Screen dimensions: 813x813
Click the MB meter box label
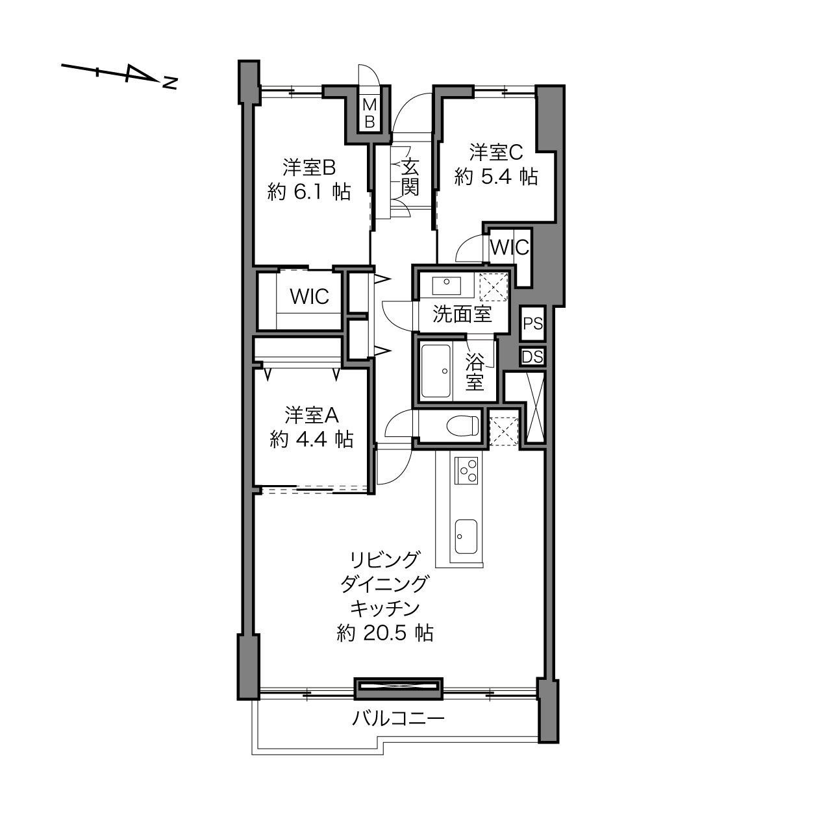pyautogui.click(x=369, y=112)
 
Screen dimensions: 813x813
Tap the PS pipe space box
pyautogui.click(x=533, y=323)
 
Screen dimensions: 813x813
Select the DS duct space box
pyautogui.click(x=532, y=357)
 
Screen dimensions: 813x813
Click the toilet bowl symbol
pyautogui.click(x=462, y=425)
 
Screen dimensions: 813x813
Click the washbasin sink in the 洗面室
pyautogui.click(x=446, y=285)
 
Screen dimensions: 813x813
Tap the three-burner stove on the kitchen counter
pyautogui.click(x=466, y=470)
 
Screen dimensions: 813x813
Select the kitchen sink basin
pyautogui.click(x=466, y=536)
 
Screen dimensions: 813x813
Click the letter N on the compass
pyautogui.click(x=170, y=83)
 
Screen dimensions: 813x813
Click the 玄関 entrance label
pyautogui.click(x=410, y=177)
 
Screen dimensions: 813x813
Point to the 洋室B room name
pyautogui.click(x=309, y=168)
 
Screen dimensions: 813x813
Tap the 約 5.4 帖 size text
pyautogui.click(x=496, y=177)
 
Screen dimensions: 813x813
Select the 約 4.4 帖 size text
pyautogui.click(x=312, y=440)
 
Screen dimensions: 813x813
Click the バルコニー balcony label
pyautogui.click(x=398, y=718)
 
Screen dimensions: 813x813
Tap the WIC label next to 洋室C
pyautogui.click(x=510, y=247)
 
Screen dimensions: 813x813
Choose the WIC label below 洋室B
pyautogui.click(x=309, y=297)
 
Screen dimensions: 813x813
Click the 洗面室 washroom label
pyautogui.click(x=462, y=314)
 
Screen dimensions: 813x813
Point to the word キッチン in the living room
pyautogui.click(x=385, y=608)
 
